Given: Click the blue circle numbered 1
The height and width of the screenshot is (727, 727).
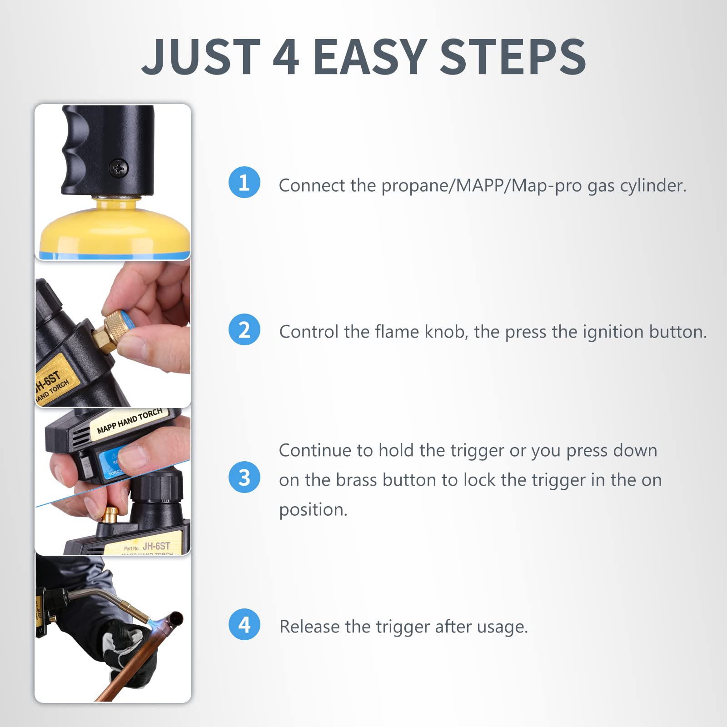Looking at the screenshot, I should pyautogui.click(x=244, y=183).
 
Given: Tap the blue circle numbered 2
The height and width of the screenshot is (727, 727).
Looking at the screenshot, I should pyautogui.click(x=244, y=329).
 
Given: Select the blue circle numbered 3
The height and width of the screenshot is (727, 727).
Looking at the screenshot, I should pyautogui.click(x=244, y=477).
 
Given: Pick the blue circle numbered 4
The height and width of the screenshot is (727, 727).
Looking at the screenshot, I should pyautogui.click(x=244, y=624).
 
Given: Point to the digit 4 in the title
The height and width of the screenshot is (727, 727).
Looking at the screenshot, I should pyautogui.click(x=286, y=57).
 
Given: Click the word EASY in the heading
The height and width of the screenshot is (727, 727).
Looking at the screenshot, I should pyautogui.click(x=370, y=57).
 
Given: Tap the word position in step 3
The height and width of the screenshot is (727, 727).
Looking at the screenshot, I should pyautogui.click(x=313, y=510).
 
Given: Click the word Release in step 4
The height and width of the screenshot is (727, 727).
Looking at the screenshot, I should pyautogui.click(x=309, y=627).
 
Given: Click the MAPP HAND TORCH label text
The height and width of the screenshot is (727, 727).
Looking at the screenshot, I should pyautogui.click(x=129, y=421).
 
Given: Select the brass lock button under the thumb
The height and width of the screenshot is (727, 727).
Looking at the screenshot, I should pyautogui.click(x=110, y=514).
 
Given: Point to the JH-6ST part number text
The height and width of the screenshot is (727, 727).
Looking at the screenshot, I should pyautogui.click(x=156, y=546).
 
